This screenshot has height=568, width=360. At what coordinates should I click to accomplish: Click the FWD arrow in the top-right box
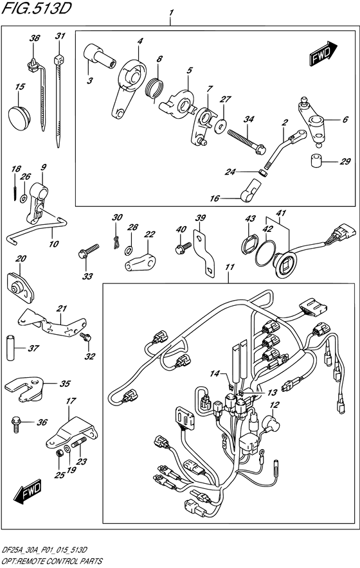point(324,53)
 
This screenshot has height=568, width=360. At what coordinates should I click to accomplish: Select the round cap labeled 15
point(19,118)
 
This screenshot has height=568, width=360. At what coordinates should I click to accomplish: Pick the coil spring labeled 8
point(154,88)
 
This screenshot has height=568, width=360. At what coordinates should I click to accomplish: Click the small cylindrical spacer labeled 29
point(317,161)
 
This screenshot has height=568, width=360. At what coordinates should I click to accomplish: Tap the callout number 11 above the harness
point(229,267)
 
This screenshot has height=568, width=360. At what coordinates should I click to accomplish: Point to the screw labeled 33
point(88,251)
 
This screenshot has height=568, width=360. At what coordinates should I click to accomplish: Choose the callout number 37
point(33,348)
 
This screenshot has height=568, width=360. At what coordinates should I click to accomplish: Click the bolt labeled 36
point(16,423)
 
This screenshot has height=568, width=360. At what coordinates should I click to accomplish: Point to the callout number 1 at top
point(170,13)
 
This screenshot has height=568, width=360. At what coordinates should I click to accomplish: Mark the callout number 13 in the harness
point(272,393)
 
